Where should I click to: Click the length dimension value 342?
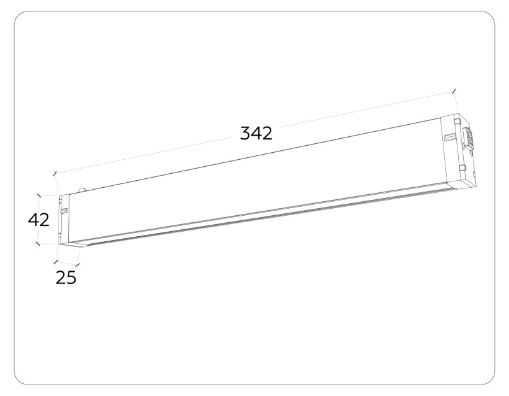tap(256, 133)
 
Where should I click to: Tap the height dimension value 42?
tap(39, 220)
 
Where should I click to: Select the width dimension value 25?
tap(66, 278)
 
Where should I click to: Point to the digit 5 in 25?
tap(71, 278)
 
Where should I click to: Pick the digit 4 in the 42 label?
tap(34, 220)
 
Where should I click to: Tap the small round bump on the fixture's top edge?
tap(81, 189)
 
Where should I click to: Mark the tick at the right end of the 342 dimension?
tap(454, 91)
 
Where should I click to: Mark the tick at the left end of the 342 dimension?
tap(55, 173)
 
